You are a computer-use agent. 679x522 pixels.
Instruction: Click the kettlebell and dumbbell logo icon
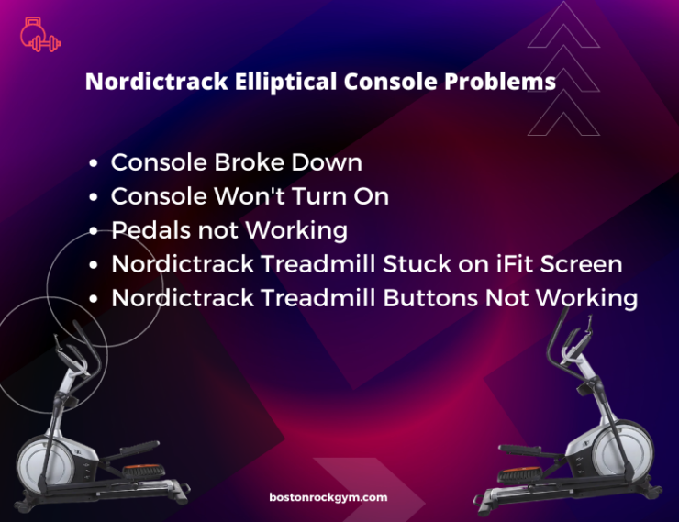(x=39, y=34)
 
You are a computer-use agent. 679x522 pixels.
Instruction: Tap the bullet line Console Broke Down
(x=236, y=163)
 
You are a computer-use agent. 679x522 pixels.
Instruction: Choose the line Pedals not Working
(x=228, y=230)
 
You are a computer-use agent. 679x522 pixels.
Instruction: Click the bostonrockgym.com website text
(x=328, y=497)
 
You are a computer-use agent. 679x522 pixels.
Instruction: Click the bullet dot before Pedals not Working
(x=95, y=231)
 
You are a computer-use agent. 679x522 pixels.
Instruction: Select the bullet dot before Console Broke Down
(x=95, y=164)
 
